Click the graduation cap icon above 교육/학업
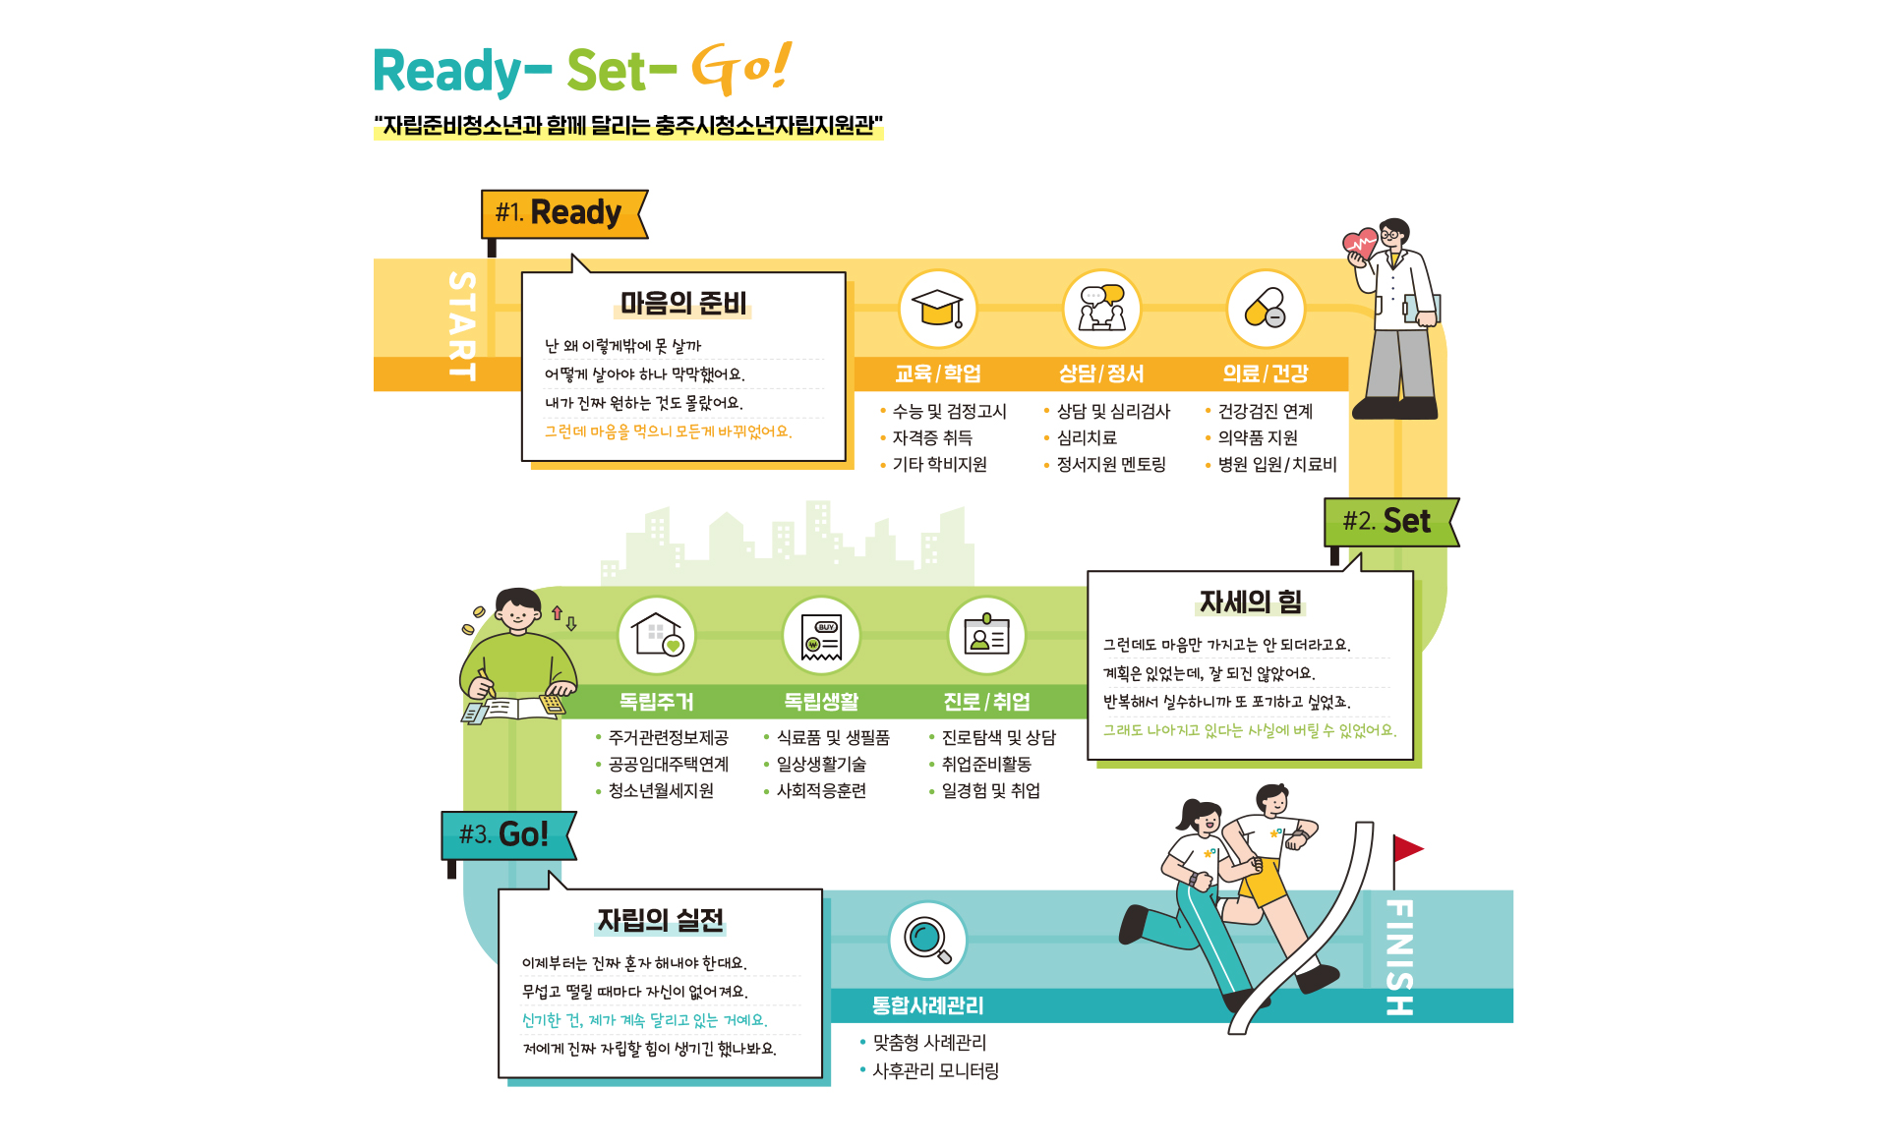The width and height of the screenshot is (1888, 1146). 937,308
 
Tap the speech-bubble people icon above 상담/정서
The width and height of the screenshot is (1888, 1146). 1101,308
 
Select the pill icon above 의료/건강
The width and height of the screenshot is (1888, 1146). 1266,308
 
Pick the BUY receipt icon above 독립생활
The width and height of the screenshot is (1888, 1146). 821,637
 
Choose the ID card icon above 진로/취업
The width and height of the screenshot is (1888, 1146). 986,635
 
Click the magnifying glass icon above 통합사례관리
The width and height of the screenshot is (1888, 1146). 927,940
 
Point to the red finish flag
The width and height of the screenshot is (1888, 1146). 1407,849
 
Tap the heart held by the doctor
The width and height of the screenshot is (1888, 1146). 1360,243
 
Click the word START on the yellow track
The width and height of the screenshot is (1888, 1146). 461,325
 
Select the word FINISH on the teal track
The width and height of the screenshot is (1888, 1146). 1399,956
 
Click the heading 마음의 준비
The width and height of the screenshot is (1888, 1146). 683,304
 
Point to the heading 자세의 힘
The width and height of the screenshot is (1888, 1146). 1250,602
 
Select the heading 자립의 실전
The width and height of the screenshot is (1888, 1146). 660,920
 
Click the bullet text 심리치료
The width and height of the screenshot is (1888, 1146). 1087,437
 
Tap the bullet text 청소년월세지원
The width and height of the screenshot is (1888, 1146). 661,790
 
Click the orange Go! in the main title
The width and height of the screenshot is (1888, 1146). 741,69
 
